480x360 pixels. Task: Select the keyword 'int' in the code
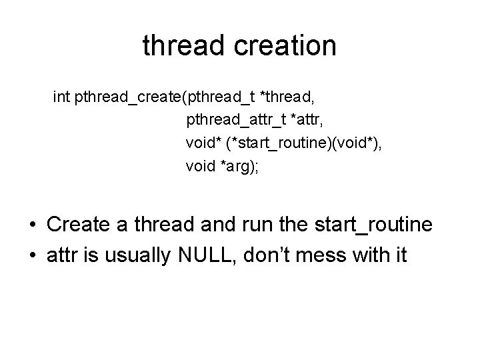coord(61,98)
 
